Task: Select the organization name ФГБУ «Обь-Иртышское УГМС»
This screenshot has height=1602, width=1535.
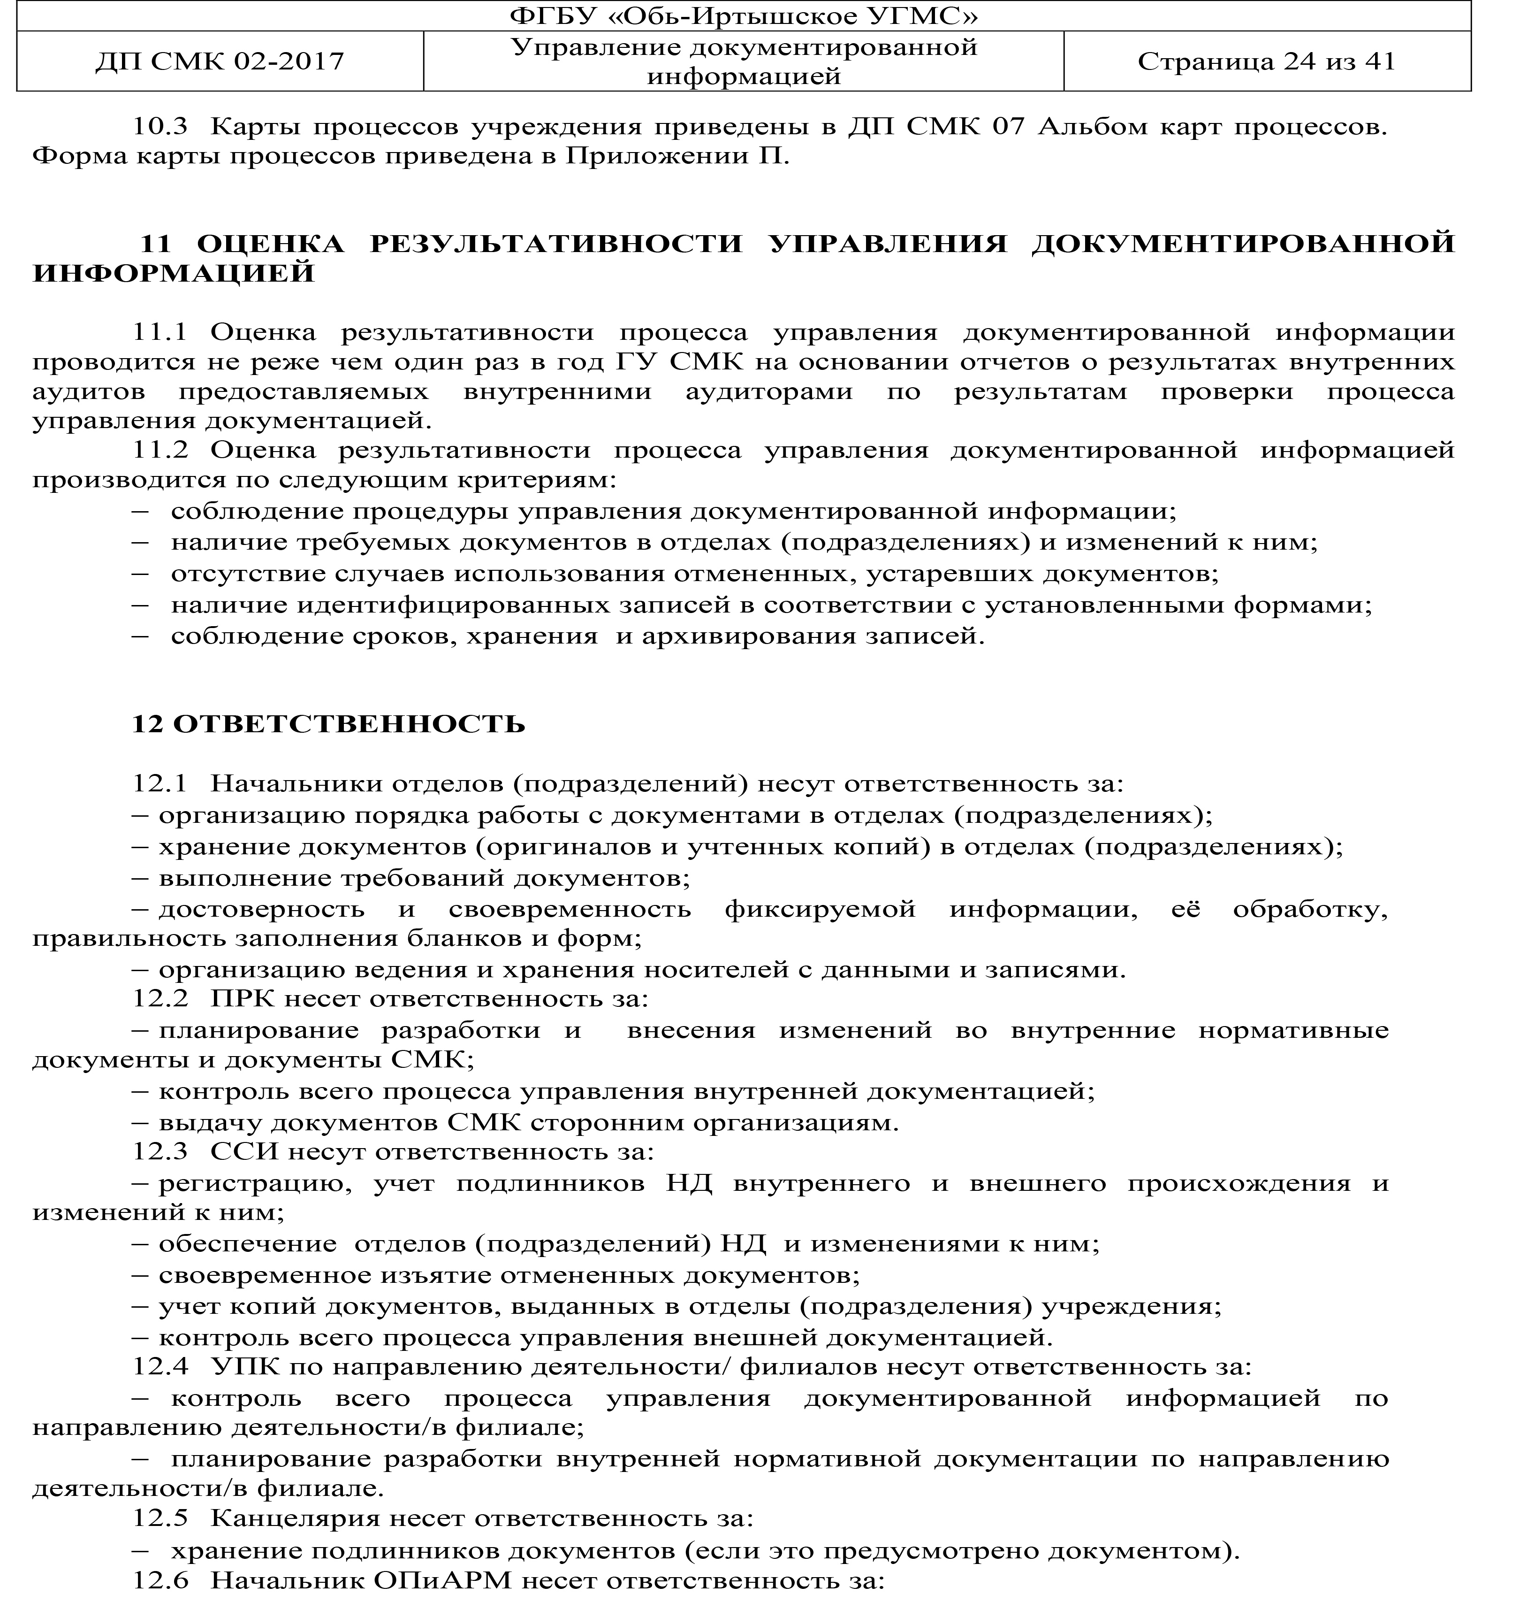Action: pos(744,16)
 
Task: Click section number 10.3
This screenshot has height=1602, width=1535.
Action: pos(160,127)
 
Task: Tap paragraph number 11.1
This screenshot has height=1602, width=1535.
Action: pos(160,332)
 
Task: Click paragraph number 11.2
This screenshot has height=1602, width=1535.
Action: pos(160,450)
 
